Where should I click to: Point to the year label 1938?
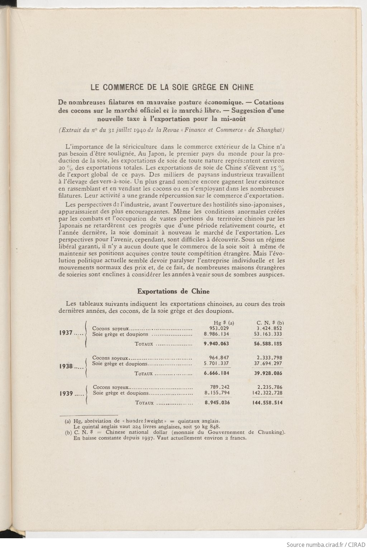pyautogui.click(x=66, y=366)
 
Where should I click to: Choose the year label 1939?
pyautogui.click(x=66, y=393)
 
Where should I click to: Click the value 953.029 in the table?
pyautogui.click(x=219, y=328)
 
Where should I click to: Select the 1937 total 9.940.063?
pyautogui.click(x=216, y=344)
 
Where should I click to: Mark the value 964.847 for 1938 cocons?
pyautogui.click(x=219, y=358)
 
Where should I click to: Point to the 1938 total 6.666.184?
pyautogui.click(x=216, y=373)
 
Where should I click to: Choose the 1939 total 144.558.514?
pyautogui.click(x=267, y=403)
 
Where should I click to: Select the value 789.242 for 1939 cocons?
pyautogui.click(x=219, y=387)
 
